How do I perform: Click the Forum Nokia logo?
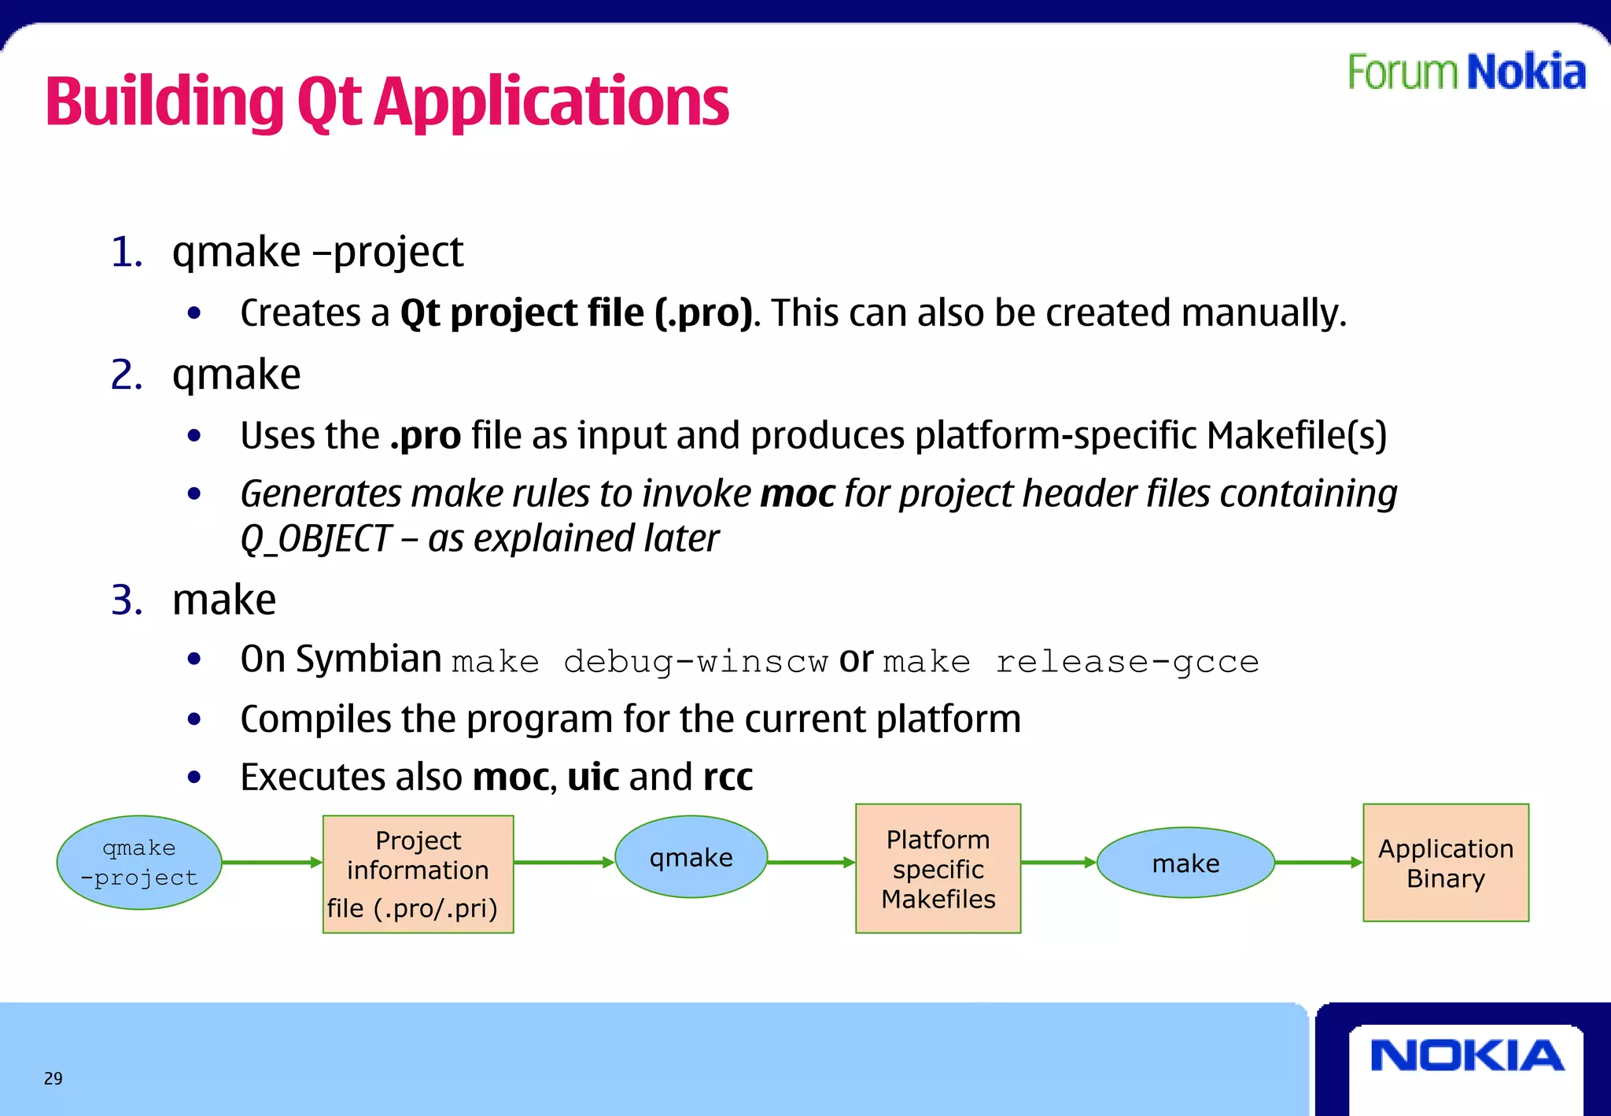pos(1466,72)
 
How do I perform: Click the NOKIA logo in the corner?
pos(1466,1055)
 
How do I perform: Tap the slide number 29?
pos(53,1078)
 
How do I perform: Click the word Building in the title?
pos(164,102)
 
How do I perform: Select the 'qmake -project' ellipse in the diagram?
pos(139,863)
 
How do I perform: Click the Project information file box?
pos(418,874)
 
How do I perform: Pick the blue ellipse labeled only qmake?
pos(691,857)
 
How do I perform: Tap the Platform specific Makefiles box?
pos(938,869)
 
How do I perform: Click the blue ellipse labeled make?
pos(1185,863)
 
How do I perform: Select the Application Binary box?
pos(1446,863)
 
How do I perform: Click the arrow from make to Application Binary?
pos(1318,863)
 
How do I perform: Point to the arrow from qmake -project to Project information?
pos(271,863)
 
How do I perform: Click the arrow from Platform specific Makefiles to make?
pos(1058,863)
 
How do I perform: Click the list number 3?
pos(126,600)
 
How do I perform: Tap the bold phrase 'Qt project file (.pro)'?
pos(576,313)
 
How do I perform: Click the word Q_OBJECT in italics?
pos(315,539)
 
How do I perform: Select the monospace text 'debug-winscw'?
pos(695,662)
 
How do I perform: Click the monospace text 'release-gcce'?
pos(1126,662)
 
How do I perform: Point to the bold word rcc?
pos(728,778)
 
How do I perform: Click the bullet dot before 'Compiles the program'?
pos(194,719)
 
